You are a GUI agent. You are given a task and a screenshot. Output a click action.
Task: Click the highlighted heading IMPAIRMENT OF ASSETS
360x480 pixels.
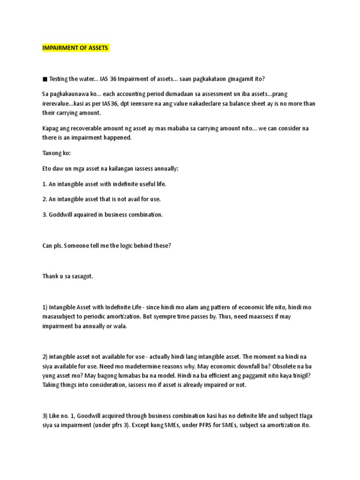pos(75,48)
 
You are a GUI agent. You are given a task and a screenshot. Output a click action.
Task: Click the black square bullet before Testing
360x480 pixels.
pos(45,78)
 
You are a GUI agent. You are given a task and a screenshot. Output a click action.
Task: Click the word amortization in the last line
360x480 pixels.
pos(280,427)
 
